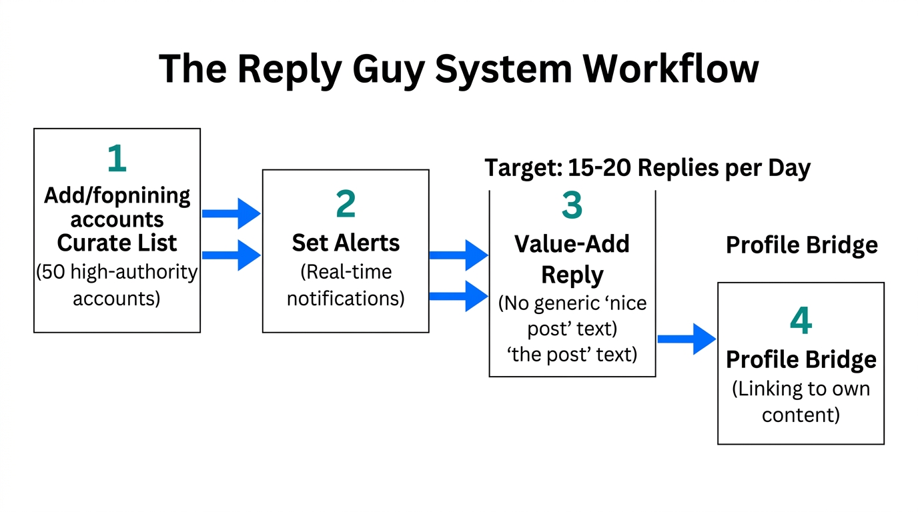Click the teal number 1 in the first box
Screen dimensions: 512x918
[117, 159]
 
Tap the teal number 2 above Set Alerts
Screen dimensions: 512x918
[346, 205]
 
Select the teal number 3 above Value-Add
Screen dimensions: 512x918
[572, 205]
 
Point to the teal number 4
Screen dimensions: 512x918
[801, 321]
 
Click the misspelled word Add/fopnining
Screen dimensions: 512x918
[117, 195]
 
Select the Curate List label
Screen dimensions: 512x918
[117, 243]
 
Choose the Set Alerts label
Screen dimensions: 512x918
[346, 243]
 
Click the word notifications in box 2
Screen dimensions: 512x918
[346, 297]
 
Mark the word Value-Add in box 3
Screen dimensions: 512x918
[572, 244]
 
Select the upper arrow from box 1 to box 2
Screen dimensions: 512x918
[231, 213]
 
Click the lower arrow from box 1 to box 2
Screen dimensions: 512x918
[231, 255]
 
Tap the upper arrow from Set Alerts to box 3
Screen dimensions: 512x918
[459, 255]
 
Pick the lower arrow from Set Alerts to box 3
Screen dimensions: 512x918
[459, 295]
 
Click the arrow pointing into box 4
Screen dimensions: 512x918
[686, 339]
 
